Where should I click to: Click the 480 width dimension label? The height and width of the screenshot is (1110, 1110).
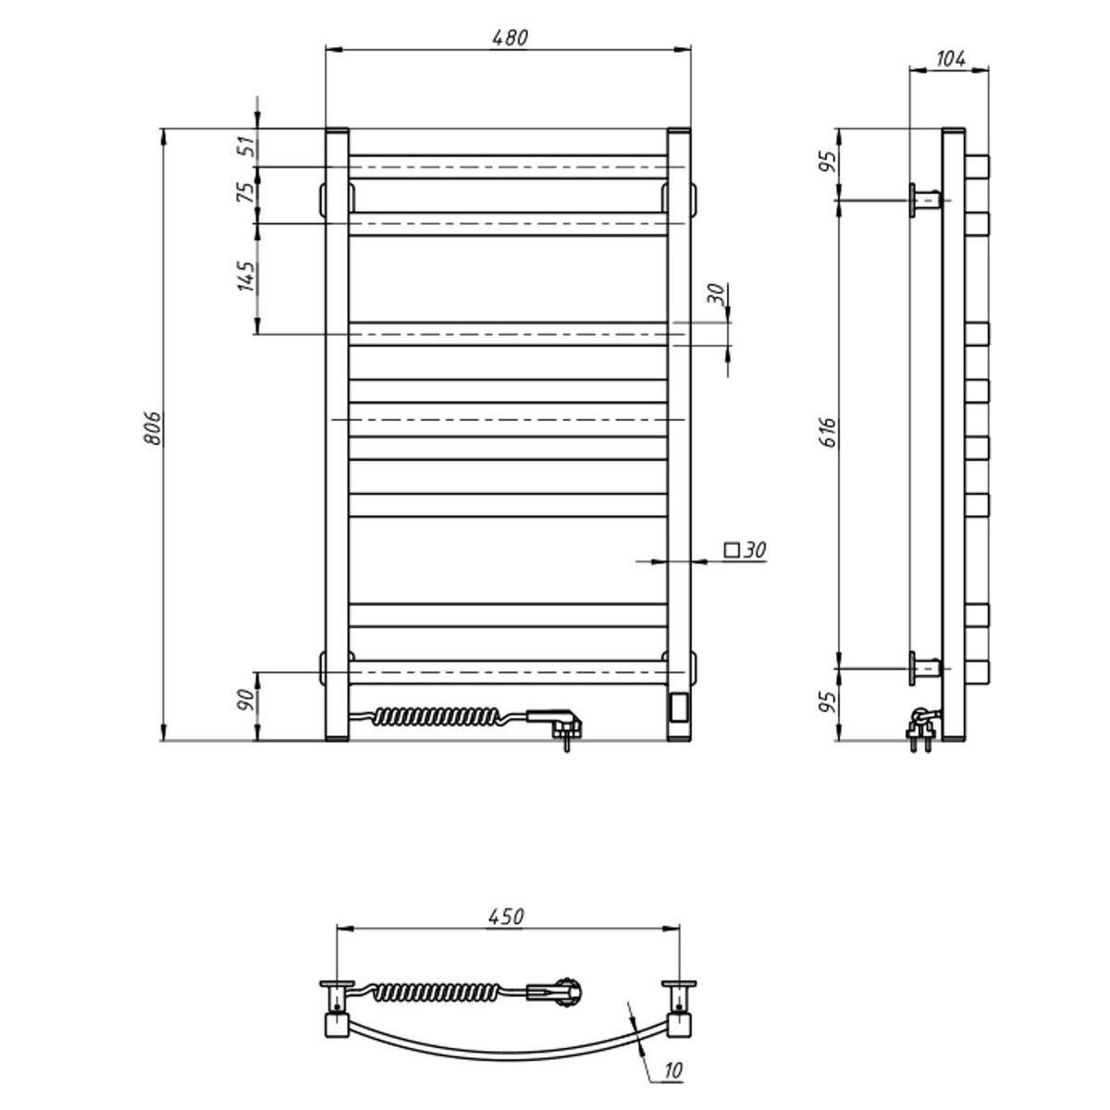pyautogui.click(x=510, y=37)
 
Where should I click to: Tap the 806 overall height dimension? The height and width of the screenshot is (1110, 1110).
pyautogui.click(x=152, y=428)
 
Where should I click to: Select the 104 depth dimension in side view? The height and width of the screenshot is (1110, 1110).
pyautogui.click(x=951, y=59)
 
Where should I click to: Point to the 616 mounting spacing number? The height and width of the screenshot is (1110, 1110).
pyautogui.click(x=828, y=432)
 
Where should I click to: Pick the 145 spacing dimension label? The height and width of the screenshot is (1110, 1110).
pyautogui.click(x=246, y=277)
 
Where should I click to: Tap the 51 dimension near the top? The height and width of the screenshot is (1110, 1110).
pyautogui.click(x=246, y=147)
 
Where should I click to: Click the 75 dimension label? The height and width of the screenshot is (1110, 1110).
pyautogui.click(x=246, y=191)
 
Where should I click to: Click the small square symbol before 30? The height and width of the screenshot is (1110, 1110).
pyautogui.click(x=732, y=549)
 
